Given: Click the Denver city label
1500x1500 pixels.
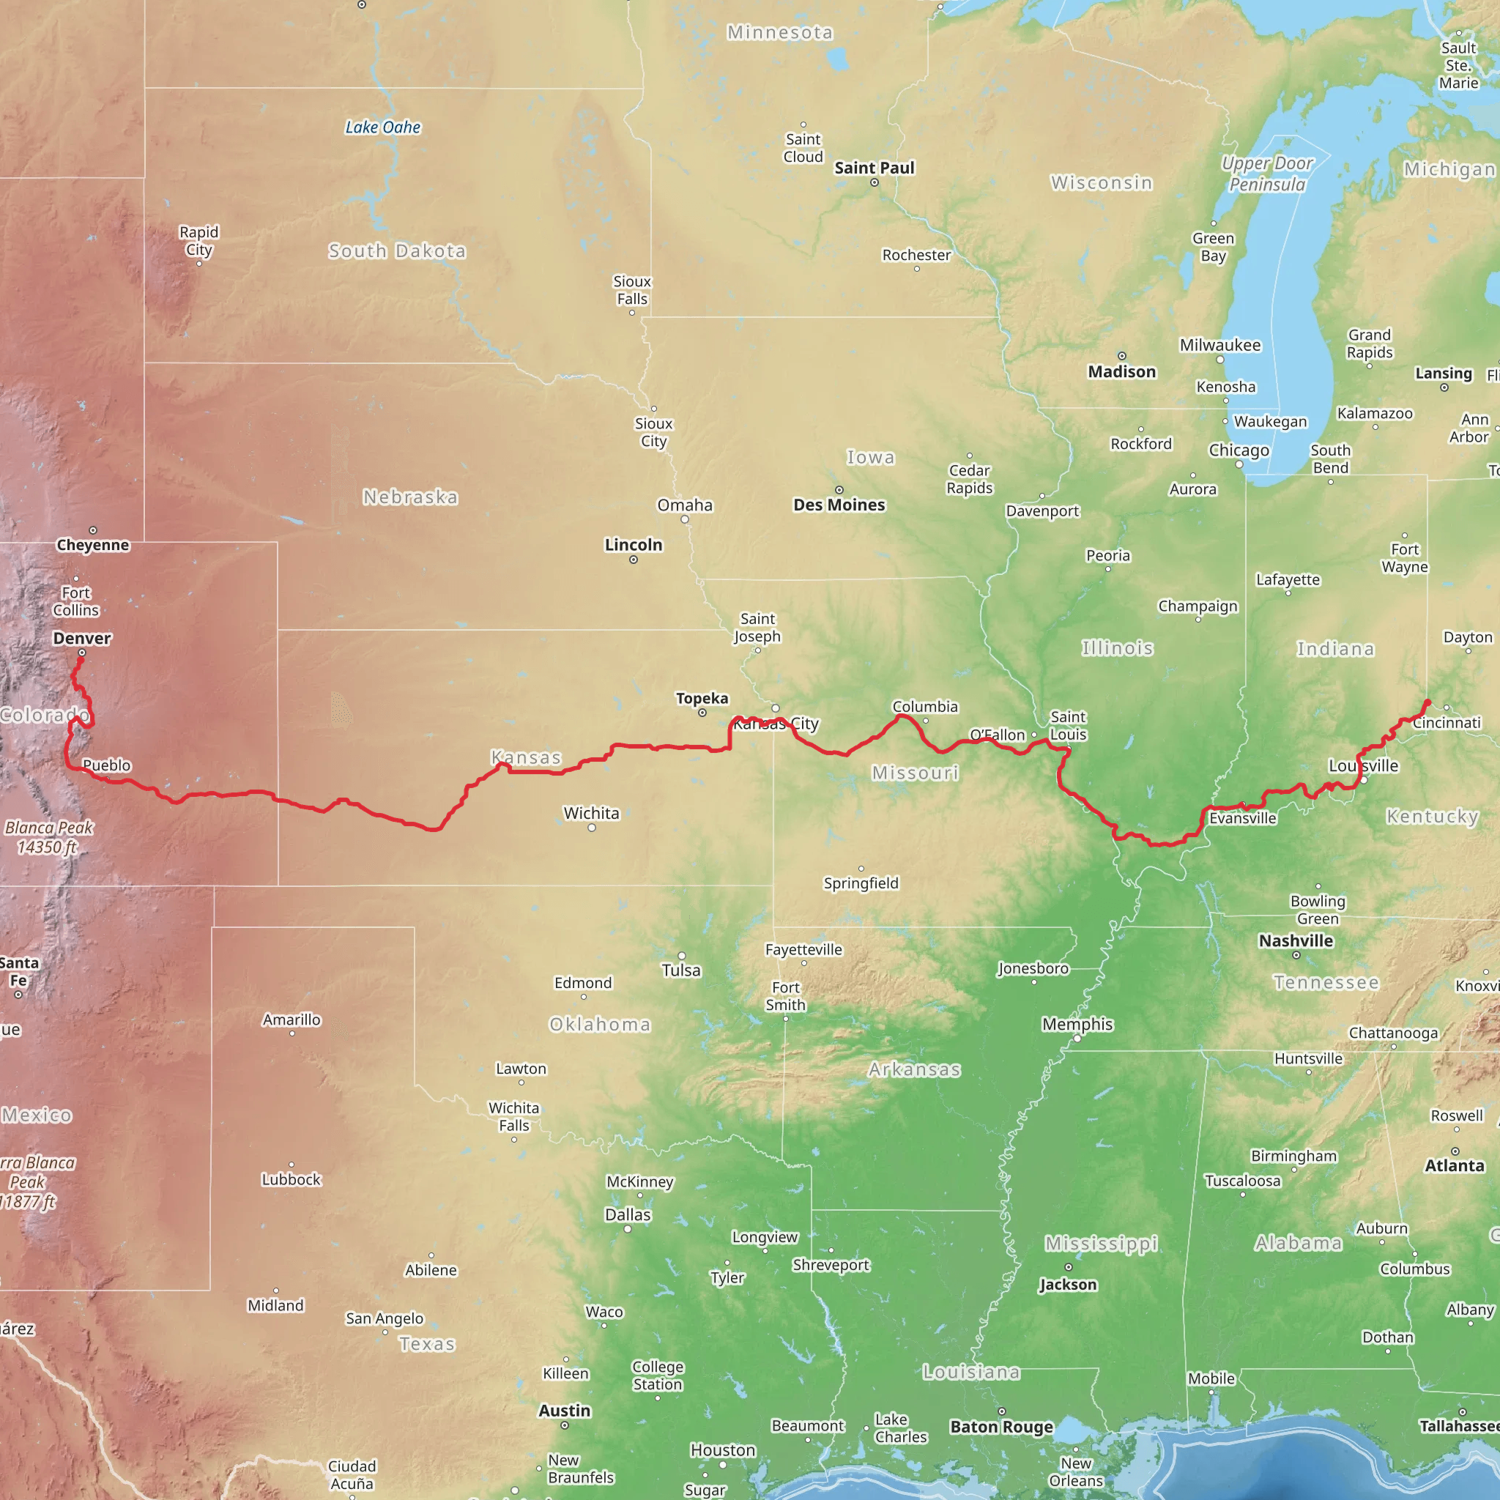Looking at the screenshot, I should pyautogui.click(x=82, y=638).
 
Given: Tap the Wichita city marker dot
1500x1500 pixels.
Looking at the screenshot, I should pyautogui.click(x=592, y=828).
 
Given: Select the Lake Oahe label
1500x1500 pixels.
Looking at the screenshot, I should pyautogui.click(x=383, y=127).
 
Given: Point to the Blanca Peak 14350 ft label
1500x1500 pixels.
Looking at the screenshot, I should pyautogui.click(x=48, y=837).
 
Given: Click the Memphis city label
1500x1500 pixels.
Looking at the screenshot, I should pyautogui.click(x=1077, y=1024).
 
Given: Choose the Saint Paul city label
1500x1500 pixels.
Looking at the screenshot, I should pyautogui.click(x=875, y=168).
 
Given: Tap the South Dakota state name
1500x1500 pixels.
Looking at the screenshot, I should pyautogui.click(x=397, y=250).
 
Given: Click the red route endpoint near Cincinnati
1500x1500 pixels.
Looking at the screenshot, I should pyautogui.click(x=1427, y=702).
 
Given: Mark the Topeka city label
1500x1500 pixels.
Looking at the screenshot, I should pyautogui.click(x=702, y=698).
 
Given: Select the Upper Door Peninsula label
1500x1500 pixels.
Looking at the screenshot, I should pyautogui.click(x=1267, y=174).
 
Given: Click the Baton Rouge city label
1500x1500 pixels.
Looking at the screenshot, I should pyautogui.click(x=1001, y=1427).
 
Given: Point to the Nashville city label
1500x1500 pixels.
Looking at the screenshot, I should pyautogui.click(x=1296, y=940).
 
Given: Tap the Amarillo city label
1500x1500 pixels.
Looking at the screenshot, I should pyautogui.click(x=292, y=1020).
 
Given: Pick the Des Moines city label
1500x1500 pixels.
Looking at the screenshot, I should pyautogui.click(x=839, y=505).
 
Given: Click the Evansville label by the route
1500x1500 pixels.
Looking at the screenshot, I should pyautogui.click(x=1242, y=818).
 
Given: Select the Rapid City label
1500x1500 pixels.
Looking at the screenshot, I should pyautogui.click(x=198, y=241).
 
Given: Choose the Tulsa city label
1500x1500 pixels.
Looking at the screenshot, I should pyautogui.click(x=681, y=970).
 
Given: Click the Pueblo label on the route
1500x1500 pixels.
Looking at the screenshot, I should pyautogui.click(x=107, y=765).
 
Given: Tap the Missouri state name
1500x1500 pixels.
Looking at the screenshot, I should pyautogui.click(x=915, y=773).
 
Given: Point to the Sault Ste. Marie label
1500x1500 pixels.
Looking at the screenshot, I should pyautogui.click(x=1458, y=65).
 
